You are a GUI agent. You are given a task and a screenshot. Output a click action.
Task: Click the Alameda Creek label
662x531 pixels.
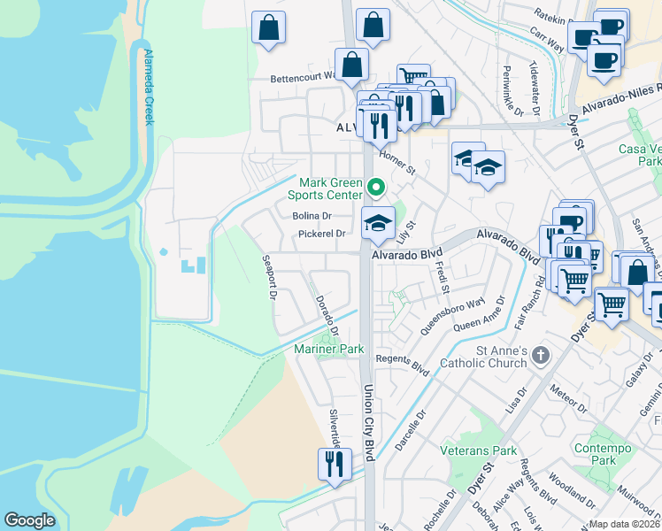coord(148,87)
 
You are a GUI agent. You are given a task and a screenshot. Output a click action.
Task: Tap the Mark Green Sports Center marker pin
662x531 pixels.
coord(375,188)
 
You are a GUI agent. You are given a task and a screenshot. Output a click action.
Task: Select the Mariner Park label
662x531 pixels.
coord(329,350)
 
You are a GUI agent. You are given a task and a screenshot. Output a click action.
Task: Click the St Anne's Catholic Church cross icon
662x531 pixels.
coord(540,357)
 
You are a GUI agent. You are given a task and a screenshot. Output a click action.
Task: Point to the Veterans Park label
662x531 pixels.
coord(478,450)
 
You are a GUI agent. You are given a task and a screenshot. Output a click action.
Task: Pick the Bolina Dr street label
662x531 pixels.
coord(312,215)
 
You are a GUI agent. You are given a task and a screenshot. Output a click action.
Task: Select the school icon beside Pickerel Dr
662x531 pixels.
coord(378,223)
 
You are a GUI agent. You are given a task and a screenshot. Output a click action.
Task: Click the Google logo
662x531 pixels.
coord(29,520)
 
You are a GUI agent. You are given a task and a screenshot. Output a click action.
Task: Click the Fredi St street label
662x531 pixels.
coord(442,277)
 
